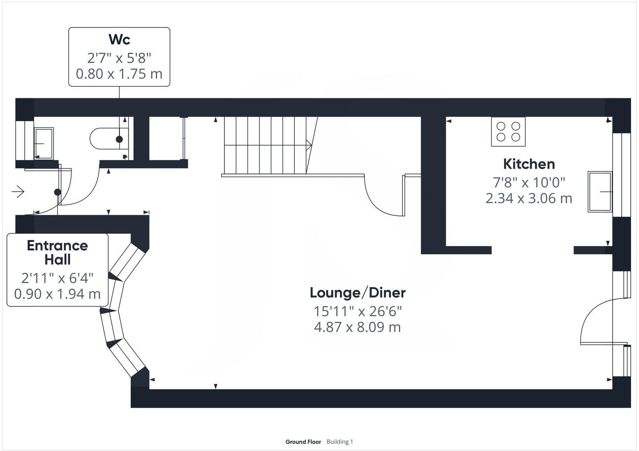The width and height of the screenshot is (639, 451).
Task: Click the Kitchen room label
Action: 529,164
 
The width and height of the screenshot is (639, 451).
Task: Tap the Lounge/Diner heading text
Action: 357,293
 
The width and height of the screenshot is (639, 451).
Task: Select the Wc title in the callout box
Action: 119,40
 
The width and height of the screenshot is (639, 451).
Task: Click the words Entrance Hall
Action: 58,252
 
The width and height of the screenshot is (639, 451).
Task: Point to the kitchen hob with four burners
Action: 508,132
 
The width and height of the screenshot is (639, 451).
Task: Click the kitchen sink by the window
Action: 599,192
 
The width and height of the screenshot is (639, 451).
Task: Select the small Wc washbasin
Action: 43,142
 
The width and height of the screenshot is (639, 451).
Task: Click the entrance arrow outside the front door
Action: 18,192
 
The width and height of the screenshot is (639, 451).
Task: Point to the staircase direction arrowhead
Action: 309,145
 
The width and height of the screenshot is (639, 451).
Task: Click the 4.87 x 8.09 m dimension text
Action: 357,327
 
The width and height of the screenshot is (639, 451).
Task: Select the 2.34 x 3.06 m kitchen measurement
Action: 529,198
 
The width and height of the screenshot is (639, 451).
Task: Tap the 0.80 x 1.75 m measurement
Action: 119,74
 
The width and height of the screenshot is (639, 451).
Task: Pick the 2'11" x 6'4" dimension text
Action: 58,277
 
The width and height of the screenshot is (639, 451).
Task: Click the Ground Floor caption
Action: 303,442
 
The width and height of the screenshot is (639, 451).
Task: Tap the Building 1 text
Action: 340,442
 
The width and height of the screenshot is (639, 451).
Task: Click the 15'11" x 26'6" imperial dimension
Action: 357,311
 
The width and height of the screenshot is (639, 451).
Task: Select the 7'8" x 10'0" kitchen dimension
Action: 529,182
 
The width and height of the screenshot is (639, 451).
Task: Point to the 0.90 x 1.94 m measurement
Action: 58,294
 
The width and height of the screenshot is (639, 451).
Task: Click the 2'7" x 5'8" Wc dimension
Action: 119,58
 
